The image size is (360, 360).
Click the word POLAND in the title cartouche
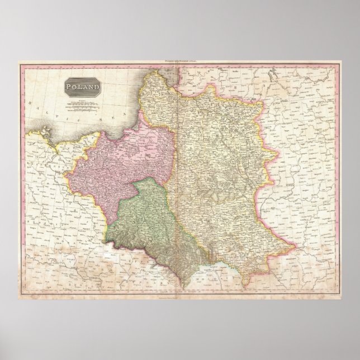point(82,87)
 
